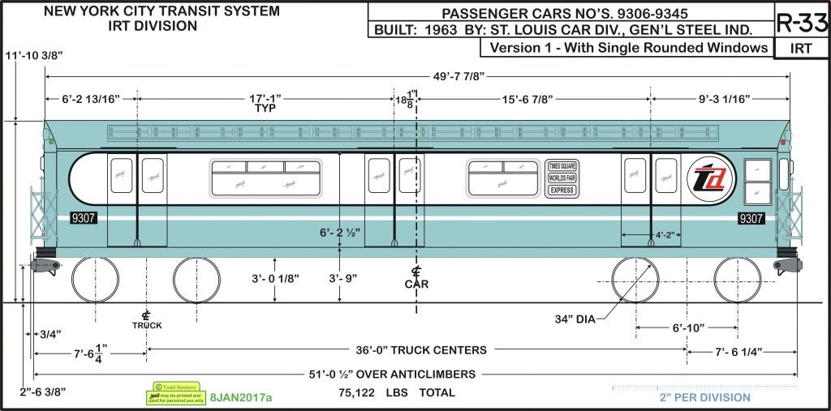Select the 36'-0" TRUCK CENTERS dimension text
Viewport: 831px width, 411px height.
click(421, 350)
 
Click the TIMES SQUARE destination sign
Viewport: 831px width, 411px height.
click(561, 165)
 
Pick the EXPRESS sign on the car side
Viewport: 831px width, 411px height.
click(561, 190)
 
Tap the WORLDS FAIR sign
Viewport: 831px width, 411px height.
click(561, 178)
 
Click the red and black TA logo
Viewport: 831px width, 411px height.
click(712, 178)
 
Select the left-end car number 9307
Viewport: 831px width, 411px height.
click(84, 218)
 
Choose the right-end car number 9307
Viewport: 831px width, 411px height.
click(751, 218)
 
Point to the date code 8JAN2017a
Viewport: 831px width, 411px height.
click(241, 397)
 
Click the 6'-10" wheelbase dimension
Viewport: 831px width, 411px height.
click(687, 328)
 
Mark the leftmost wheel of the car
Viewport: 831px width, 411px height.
click(95, 280)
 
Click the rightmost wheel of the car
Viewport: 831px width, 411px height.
click(737, 280)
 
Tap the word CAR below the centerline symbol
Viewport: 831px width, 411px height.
click(416, 284)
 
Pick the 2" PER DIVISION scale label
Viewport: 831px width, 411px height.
click(704, 397)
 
